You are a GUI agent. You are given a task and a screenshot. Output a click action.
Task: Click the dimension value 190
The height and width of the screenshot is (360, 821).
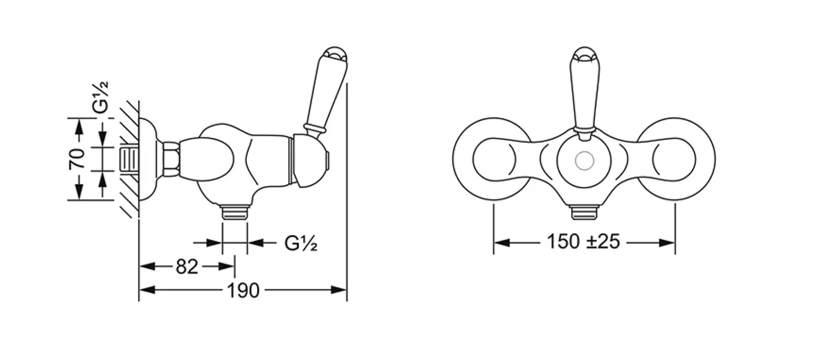(243, 291)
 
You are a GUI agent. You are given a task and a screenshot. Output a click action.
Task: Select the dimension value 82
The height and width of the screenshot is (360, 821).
(187, 266)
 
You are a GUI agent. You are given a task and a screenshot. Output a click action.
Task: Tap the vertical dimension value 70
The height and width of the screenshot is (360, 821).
(77, 159)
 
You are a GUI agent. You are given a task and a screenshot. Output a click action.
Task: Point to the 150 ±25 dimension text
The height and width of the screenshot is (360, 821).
(583, 242)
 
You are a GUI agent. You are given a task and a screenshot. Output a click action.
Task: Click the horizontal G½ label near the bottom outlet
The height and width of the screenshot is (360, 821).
(301, 243)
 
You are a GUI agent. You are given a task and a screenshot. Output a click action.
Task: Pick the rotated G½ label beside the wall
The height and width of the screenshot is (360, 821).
(100, 97)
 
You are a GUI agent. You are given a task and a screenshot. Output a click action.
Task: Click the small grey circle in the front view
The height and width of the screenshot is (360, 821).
(584, 160)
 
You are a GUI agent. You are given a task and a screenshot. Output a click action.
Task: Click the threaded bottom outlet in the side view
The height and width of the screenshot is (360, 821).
(235, 212)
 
